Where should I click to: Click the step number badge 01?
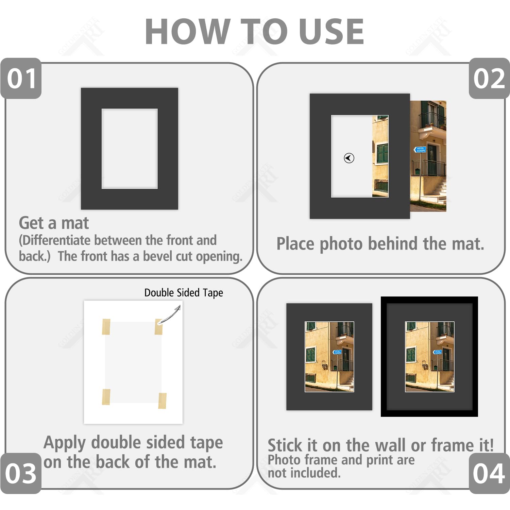point(21,79)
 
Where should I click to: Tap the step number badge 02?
point(489,79)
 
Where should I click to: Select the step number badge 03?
point(21,473)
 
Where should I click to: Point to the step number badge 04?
point(489,473)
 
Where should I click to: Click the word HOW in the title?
point(187,32)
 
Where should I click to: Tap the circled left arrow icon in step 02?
point(349,158)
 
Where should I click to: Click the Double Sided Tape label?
point(184,293)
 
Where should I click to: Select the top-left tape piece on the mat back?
point(106,327)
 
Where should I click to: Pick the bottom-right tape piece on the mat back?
point(163,400)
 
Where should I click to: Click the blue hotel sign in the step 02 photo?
point(420,150)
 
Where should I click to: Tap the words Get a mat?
point(54,223)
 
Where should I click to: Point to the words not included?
point(304,473)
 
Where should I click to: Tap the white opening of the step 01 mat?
point(130,149)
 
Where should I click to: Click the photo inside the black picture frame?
point(429,357)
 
